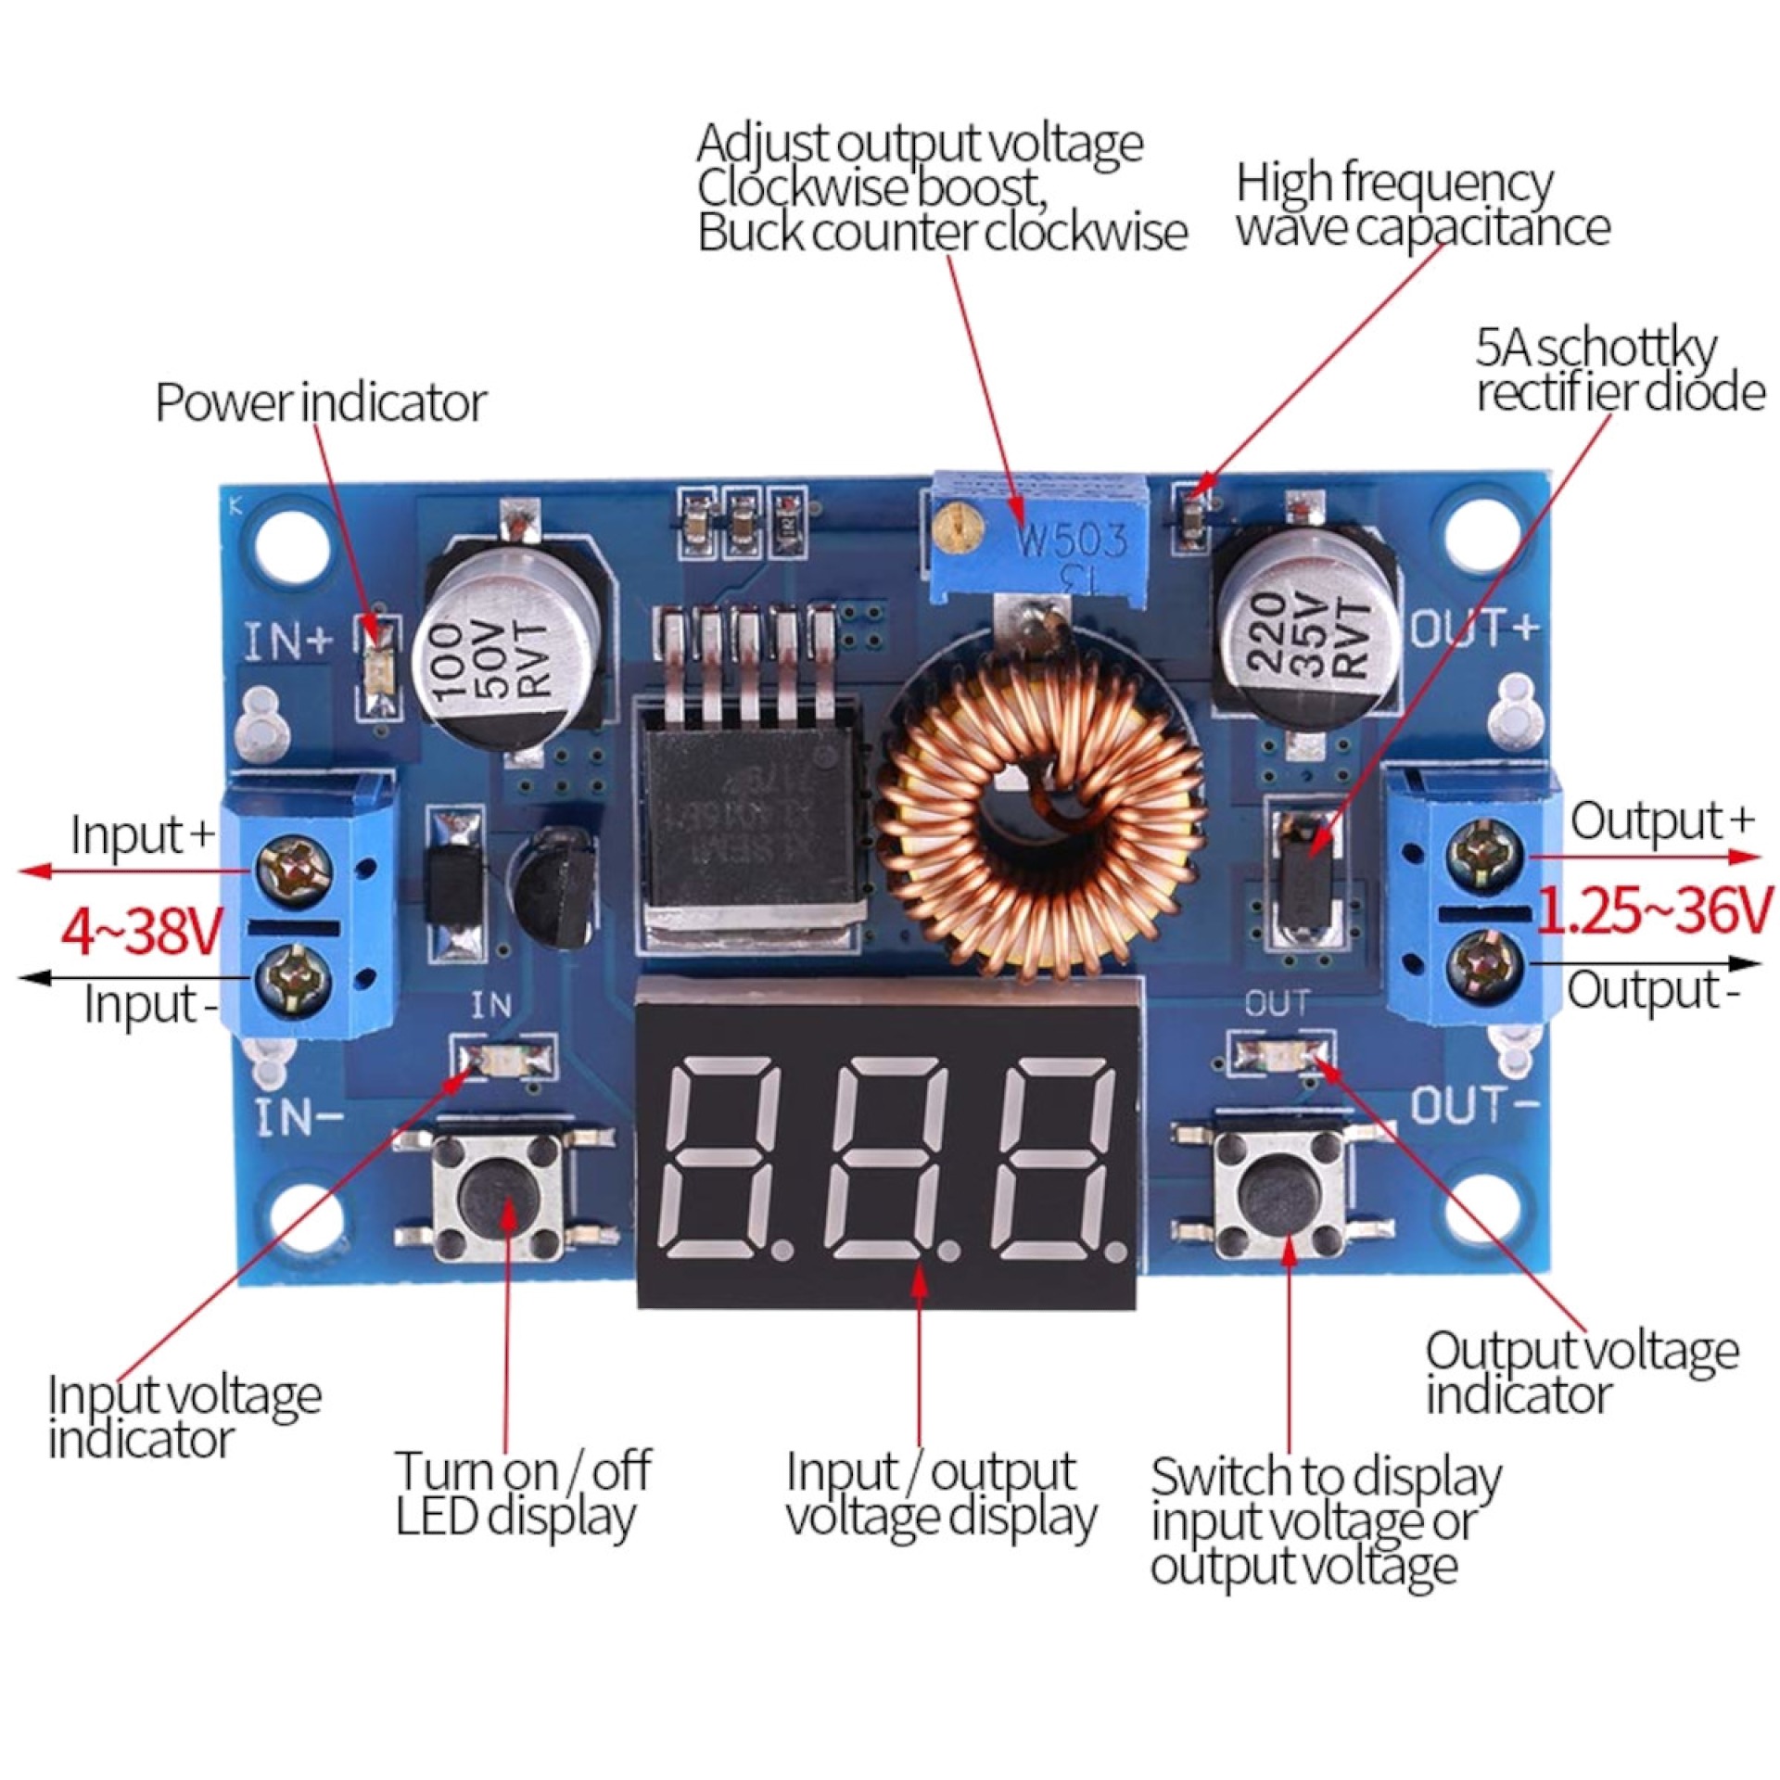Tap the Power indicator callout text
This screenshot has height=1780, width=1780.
pyautogui.click(x=320, y=402)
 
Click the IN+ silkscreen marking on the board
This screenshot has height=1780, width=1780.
pyautogui.click(x=287, y=641)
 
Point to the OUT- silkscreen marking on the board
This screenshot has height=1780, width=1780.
pyautogui.click(x=1474, y=1106)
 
